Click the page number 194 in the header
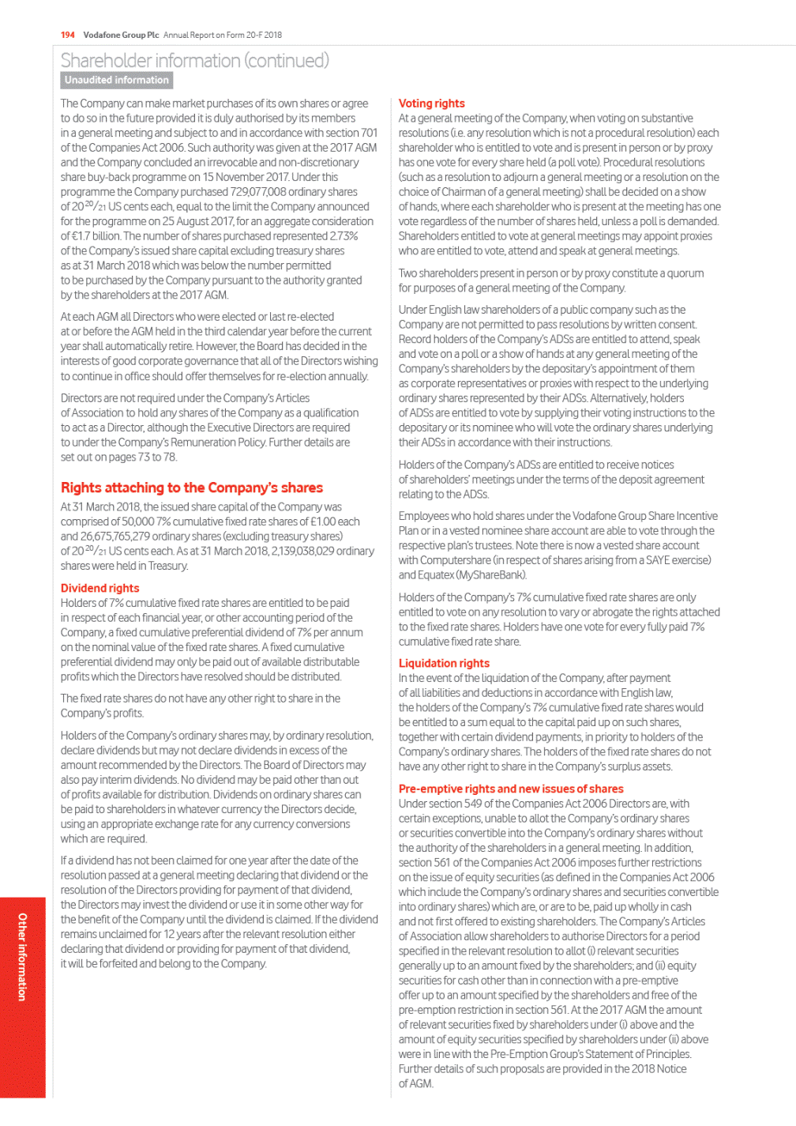[67, 35]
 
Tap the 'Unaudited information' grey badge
[117, 80]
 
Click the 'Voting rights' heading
[431, 104]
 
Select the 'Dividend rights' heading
[99, 588]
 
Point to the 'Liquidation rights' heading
[444, 663]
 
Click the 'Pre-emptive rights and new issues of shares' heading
[510, 789]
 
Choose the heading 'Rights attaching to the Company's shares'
[191, 488]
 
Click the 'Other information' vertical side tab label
[22, 956]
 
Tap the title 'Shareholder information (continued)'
[194, 60]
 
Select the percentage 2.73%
[343, 236]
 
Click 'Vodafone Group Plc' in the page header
[121, 35]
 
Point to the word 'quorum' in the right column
[685, 273]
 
